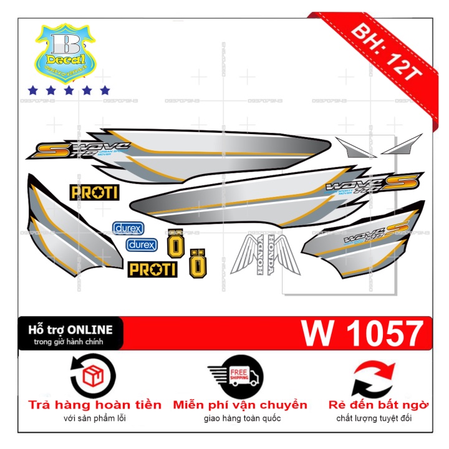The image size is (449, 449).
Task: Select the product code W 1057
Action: coord(362,334)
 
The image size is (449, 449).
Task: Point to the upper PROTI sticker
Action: coord(94,192)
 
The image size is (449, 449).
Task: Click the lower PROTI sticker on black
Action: coord(152,269)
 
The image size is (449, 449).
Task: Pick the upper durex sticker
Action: coord(127,228)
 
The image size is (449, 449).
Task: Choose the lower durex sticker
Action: coord(142,244)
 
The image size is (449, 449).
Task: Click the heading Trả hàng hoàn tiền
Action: coord(95,405)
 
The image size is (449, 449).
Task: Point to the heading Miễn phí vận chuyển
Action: coord(240,405)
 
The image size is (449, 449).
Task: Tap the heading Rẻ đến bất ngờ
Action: coord(379,405)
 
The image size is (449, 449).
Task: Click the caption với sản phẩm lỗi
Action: coord(94,418)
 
